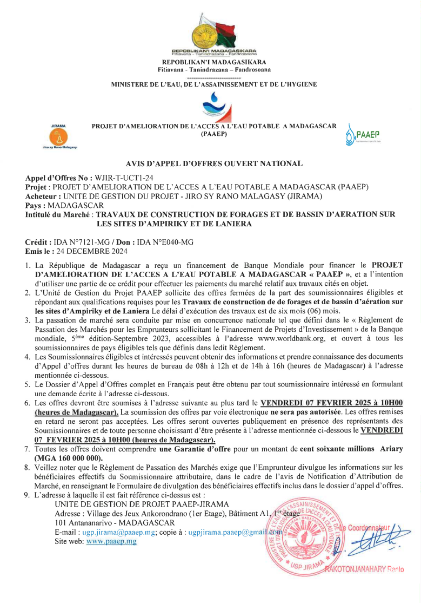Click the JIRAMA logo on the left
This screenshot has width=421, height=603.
point(58,137)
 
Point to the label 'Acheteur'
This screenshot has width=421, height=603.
point(43,196)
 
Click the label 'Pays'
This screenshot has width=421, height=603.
point(35,205)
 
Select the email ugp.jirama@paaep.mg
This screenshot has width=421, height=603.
point(119,532)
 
